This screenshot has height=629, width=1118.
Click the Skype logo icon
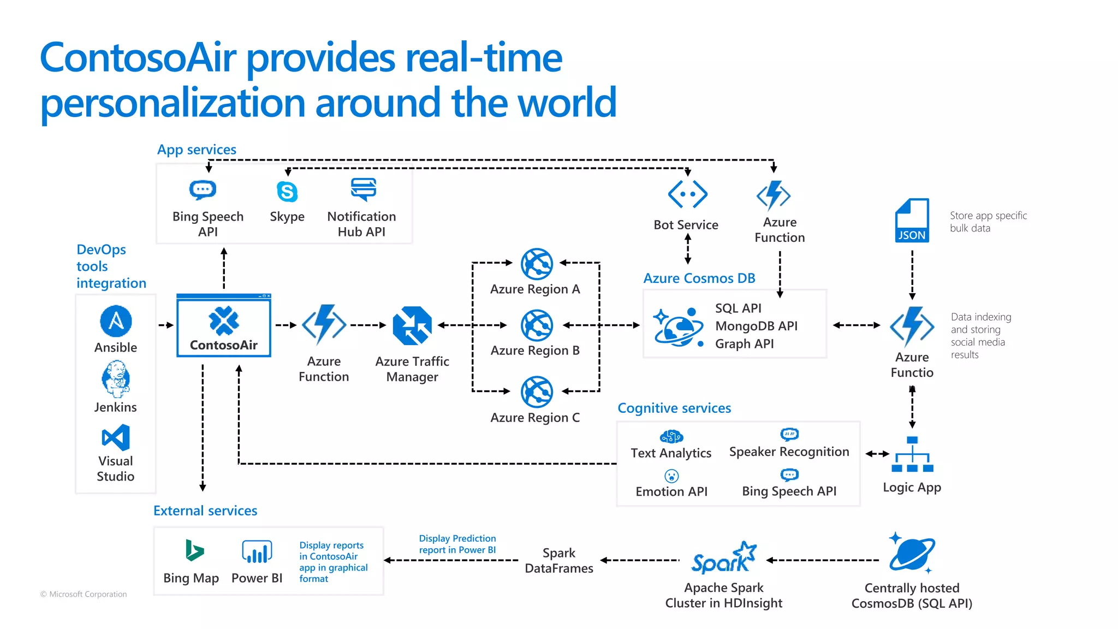point(287,192)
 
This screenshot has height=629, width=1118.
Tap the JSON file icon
point(912,220)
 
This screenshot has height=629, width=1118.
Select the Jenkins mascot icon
point(115,379)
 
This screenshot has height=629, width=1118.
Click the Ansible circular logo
point(116,321)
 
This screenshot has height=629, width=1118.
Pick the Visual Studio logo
point(116,438)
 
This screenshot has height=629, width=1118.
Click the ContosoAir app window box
point(224,326)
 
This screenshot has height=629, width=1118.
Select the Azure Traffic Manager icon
point(412,325)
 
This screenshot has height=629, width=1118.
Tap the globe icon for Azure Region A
point(537,264)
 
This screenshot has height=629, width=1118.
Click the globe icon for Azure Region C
point(537,391)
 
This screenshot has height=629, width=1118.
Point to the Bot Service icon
point(687,194)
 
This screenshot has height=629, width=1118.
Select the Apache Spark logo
point(724,558)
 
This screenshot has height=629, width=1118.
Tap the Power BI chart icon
point(257,551)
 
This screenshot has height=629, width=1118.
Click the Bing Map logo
point(194,550)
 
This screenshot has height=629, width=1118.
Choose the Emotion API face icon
point(671,476)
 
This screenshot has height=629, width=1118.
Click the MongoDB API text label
point(756,326)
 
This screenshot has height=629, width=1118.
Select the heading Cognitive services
point(674,408)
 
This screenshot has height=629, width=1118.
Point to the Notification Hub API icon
point(364,189)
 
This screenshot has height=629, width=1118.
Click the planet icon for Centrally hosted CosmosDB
point(912,553)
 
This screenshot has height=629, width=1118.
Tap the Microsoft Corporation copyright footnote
point(84,594)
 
